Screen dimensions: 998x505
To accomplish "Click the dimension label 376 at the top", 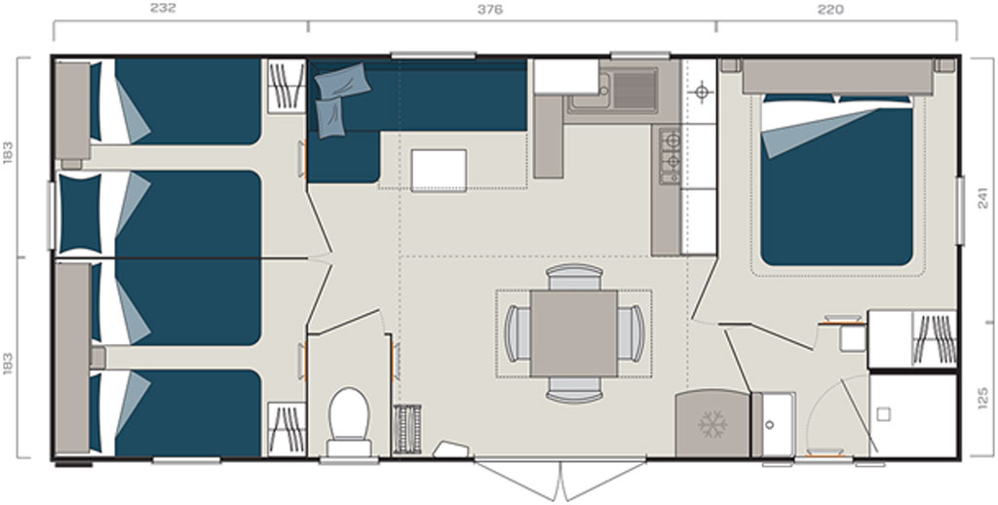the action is pos(490,9).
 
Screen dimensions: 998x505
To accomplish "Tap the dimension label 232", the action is pos(163,9).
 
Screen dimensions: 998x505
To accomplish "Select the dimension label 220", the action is pos(830,9).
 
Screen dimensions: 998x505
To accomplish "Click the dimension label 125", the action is pos(984,398).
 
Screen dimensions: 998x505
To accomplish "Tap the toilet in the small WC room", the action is pos(349,421).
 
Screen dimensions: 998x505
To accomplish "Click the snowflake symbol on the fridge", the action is pos(712,424).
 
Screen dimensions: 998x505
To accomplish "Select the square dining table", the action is pos(574,333).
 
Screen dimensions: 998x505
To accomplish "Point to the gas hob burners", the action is pos(671,155).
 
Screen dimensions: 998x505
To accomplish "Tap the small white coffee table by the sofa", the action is pos(439,170).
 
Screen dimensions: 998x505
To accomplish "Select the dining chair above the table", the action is pos(575,277).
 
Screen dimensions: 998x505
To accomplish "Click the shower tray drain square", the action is pos(883,414).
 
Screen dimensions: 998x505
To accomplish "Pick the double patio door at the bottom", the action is pos(560,479).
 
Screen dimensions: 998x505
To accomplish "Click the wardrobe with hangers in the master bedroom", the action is pos(912,339).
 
